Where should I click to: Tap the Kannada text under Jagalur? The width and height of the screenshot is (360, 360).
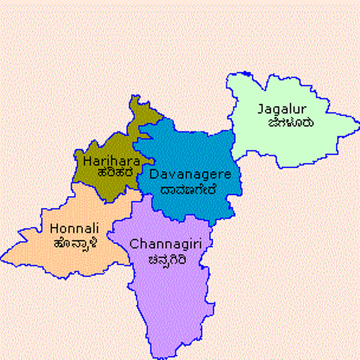point(289,122)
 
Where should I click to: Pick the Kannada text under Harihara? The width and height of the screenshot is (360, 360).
point(106,173)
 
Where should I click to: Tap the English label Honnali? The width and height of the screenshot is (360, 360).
point(75,229)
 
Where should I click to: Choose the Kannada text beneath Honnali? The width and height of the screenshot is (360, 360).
point(75,243)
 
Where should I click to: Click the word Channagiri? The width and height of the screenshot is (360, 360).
point(160,245)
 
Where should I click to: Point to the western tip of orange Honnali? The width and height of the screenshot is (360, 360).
point(3,256)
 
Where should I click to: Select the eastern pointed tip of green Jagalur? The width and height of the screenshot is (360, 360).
point(357,131)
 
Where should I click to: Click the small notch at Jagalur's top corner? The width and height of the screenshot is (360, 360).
point(247,74)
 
